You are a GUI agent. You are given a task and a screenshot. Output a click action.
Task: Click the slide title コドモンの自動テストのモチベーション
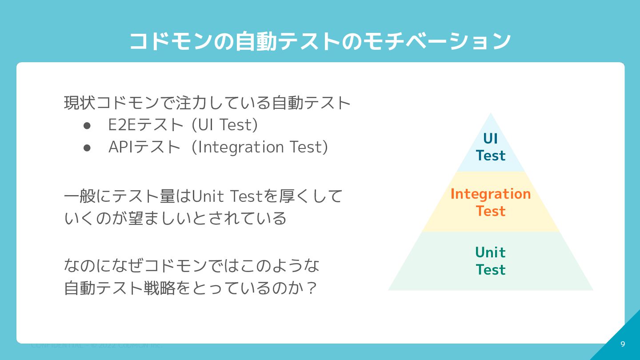pos(320,41)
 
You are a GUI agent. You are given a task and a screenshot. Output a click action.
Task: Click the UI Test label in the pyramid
pos(490,147)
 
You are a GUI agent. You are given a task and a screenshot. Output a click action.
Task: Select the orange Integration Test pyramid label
pos(490,202)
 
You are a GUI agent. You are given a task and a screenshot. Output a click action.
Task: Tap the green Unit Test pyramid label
pos(490,261)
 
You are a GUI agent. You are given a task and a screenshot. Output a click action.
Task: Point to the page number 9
pos(623,344)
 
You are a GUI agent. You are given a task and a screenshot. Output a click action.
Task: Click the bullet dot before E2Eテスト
pos(87,126)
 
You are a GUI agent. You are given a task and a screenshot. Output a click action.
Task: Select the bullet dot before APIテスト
pos(87,148)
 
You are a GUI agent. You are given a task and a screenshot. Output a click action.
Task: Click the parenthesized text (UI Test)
pos(224,125)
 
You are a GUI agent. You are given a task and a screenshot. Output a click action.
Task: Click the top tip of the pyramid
pos(490,114)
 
